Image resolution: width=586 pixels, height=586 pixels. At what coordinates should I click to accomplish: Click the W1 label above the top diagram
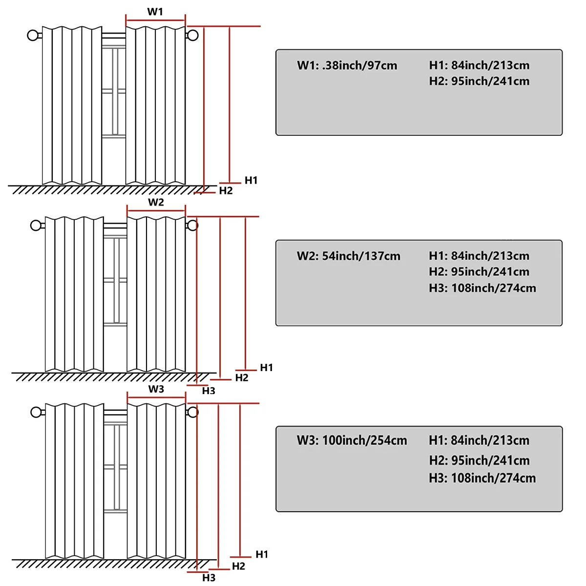(155, 12)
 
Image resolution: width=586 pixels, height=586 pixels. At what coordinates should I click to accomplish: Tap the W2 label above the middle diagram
(156, 202)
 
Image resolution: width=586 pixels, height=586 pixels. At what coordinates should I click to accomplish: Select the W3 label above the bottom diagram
(156, 389)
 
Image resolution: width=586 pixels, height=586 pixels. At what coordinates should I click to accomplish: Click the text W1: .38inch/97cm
(347, 65)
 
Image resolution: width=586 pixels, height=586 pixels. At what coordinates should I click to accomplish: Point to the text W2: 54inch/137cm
(348, 256)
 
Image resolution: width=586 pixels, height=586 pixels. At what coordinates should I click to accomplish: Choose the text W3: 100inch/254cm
(352, 440)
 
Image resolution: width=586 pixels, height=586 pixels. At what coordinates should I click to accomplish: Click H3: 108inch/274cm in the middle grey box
(482, 288)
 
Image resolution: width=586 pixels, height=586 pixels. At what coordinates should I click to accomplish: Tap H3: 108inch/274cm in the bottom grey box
(482, 478)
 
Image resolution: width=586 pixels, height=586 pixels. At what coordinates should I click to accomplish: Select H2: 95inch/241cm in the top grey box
(479, 81)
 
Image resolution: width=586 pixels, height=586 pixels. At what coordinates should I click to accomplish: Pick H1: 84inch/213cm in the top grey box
(479, 65)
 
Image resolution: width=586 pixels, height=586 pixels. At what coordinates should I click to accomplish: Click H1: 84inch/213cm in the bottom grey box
(479, 440)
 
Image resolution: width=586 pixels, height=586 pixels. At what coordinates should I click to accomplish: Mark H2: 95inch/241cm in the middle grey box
(479, 272)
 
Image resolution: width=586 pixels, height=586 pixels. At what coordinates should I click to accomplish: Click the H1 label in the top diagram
(251, 180)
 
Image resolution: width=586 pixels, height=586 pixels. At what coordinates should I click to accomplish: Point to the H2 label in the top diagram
(226, 191)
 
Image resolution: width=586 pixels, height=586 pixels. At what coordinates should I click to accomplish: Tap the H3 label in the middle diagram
(209, 391)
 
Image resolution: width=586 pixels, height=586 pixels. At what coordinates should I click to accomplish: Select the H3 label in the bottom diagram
(209, 578)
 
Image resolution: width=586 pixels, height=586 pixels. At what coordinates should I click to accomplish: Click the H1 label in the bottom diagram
(262, 554)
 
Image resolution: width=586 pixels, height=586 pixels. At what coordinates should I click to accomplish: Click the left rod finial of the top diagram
(33, 35)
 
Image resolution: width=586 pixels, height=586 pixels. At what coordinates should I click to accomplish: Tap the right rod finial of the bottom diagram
(193, 412)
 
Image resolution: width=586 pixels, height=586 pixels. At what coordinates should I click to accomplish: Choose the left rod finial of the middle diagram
(36, 225)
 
